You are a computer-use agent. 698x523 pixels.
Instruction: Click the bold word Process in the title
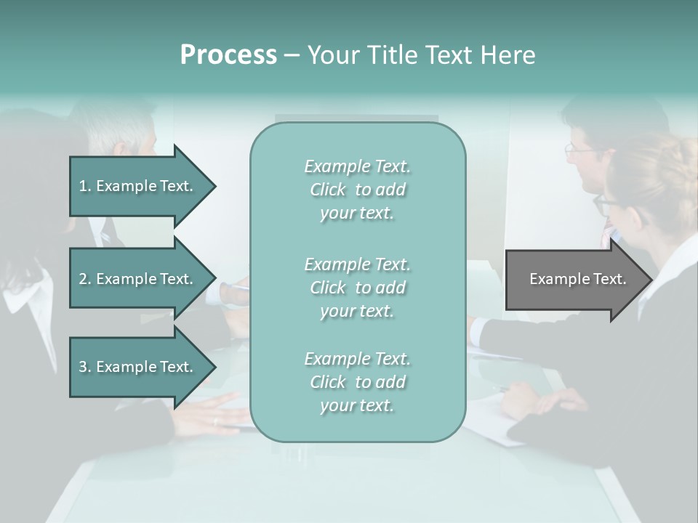[x=228, y=55]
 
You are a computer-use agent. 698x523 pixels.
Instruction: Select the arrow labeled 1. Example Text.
[x=138, y=186]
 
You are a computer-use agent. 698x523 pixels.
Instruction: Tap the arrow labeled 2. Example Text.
[x=138, y=279]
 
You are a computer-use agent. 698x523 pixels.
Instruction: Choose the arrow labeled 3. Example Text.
[x=138, y=367]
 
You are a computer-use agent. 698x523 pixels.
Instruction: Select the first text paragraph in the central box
[x=357, y=190]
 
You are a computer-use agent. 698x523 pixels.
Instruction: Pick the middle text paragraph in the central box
[x=357, y=288]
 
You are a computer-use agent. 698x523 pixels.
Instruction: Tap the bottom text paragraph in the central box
[x=357, y=382]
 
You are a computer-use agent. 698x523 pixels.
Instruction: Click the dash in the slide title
[x=292, y=55]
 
